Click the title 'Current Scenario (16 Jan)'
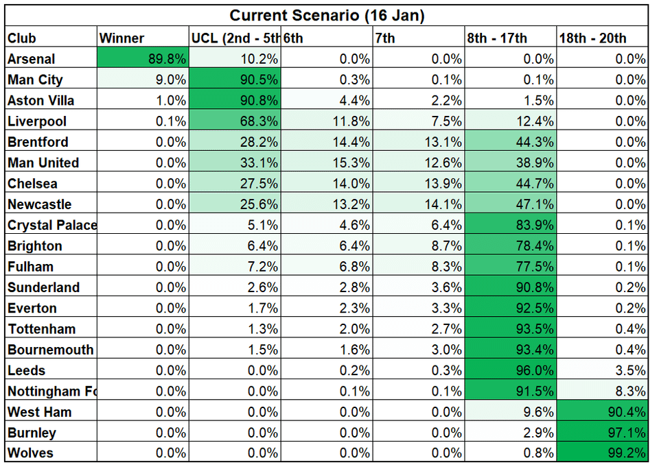pyautogui.click(x=327, y=15)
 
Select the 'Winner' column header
pyautogui.click(x=122, y=38)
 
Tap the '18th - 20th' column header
pyautogui.click(x=592, y=38)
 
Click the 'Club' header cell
pyautogui.click(x=22, y=38)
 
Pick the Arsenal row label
pyautogui.click(x=32, y=59)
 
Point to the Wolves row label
pyautogui.click(x=30, y=453)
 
